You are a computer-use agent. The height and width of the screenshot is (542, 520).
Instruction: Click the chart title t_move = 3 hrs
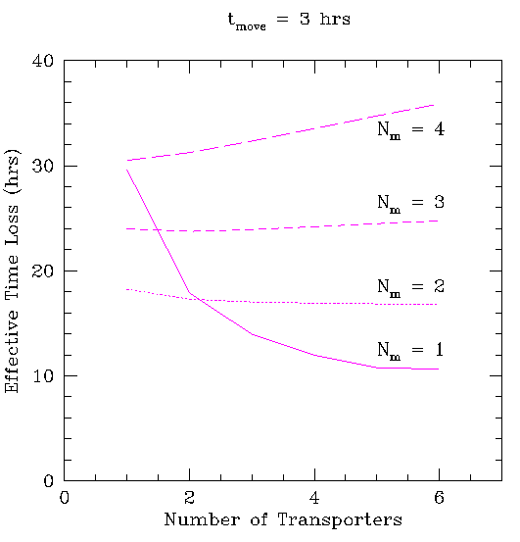[289, 20]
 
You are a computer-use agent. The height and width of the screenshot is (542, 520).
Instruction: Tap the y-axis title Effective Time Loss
[12, 271]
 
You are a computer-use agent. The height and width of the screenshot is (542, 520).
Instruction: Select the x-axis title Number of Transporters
[283, 519]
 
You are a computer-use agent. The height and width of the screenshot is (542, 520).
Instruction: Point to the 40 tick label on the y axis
[43, 61]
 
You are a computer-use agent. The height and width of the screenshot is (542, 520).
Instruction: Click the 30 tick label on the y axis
[43, 167]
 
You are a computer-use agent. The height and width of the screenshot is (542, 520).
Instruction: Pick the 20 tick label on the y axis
[43, 271]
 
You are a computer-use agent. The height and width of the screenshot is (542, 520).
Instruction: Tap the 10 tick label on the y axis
[43, 376]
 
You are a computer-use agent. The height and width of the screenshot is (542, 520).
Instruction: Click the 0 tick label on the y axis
[49, 481]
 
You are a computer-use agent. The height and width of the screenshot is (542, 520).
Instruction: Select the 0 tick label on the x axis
[65, 498]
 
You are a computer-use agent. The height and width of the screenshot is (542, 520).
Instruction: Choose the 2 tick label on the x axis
[189, 498]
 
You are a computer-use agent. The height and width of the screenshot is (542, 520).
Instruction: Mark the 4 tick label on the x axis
[314, 498]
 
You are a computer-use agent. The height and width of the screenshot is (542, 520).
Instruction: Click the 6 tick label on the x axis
[439, 498]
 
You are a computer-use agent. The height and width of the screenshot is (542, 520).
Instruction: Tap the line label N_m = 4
[411, 130]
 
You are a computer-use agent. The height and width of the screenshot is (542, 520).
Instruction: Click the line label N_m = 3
[411, 203]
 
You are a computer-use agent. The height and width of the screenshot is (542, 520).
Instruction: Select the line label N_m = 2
[411, 287]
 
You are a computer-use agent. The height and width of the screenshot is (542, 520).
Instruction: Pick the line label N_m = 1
[410, 351]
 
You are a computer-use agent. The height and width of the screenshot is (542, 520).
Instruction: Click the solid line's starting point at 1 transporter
[127, 171]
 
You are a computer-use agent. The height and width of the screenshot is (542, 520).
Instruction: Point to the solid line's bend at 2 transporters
[189, 292]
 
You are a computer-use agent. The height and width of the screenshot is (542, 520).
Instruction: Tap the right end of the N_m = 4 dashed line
[434, 105]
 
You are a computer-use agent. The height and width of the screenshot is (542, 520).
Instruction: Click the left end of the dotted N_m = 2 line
[127, 289]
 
